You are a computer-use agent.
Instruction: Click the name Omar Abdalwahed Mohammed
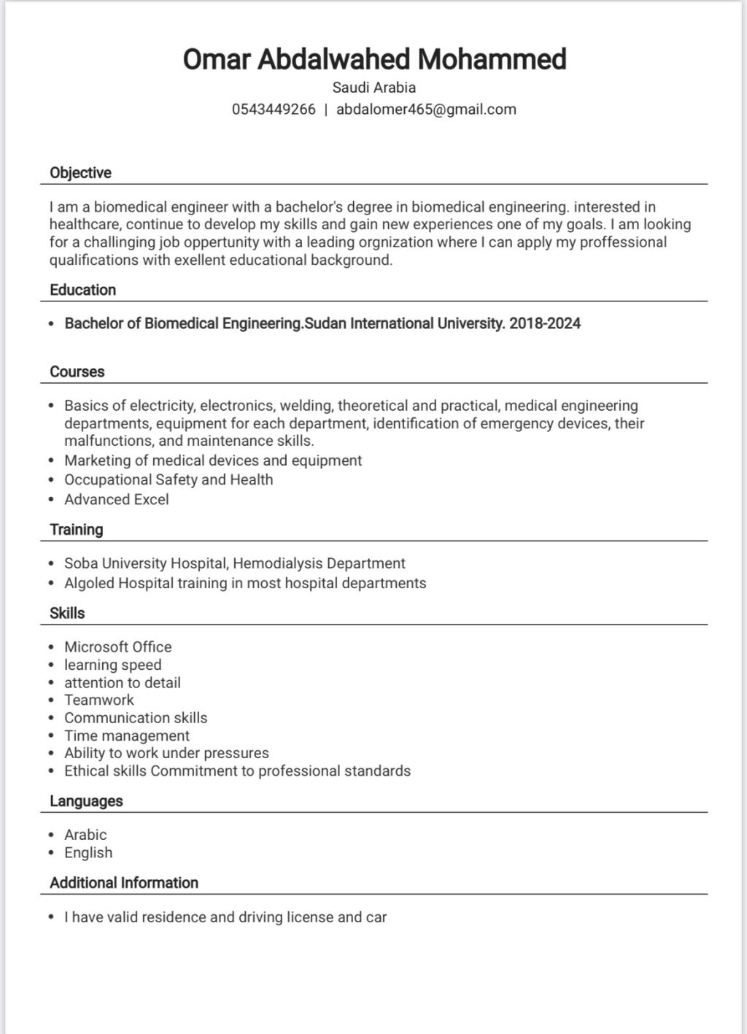pos(374,59)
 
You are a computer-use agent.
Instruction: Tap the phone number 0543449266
pos(274,109)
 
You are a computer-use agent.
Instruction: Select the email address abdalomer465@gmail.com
pos(426,109)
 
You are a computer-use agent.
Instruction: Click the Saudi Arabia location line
pos(374,88)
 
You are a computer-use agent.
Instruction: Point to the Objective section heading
pos(80,173)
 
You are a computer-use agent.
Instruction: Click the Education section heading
pos(82,290)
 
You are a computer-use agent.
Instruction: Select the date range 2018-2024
pos(545,323)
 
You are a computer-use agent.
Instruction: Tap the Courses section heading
pos(77,371)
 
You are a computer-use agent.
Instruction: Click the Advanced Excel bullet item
pos(116,499)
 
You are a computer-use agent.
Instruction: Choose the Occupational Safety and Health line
pos(169,479)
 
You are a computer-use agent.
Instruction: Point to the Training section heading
pos(76,530)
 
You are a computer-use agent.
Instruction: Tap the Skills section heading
pos(67,613)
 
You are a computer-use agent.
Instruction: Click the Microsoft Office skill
pos(117,647)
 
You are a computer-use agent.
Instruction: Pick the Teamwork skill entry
pos(99,700)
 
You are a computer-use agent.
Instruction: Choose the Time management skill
pos(126,736)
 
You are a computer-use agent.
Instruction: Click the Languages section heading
pos(86,801)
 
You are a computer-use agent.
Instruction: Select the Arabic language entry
pos(85,835)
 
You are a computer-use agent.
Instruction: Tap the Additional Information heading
pos(124,883)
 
